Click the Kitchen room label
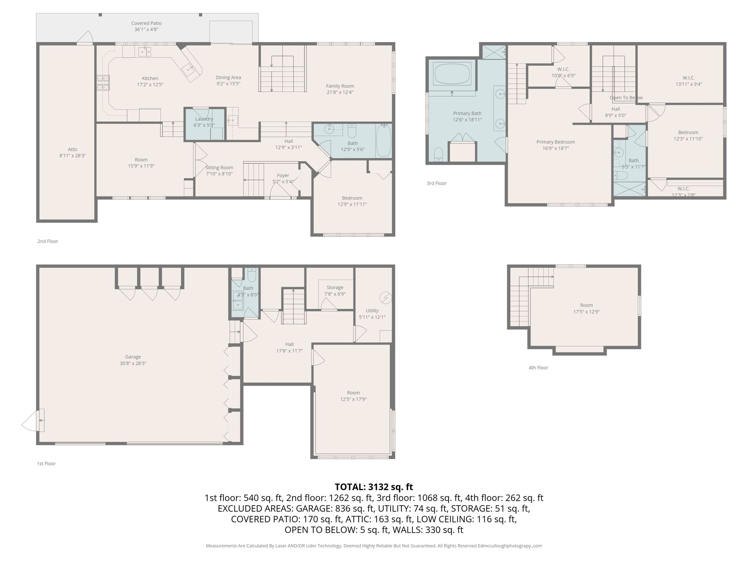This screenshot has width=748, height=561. coord(150,78)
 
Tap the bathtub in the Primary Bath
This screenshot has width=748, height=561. coord(452,74)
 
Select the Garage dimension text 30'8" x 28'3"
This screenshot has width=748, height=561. coord(133,363)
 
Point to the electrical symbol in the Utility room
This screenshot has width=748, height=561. coord(385,298)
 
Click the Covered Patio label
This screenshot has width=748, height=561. coord(146,23)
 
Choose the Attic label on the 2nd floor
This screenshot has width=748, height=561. coord(72,149)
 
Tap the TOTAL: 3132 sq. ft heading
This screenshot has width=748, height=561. coord(374,487)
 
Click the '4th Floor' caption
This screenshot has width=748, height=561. coord(538,367)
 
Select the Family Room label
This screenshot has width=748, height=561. coord(340,86)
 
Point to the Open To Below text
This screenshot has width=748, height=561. coord(626,98)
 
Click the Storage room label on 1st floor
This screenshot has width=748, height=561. coord(335,287)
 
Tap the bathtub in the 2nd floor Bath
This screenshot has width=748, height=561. coord(383,141)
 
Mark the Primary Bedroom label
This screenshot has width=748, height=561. coord(555,142)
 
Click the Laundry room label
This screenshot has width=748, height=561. coord(204,119)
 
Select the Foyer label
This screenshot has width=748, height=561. coord(283,175)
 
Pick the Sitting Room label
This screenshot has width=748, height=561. coord(219,168)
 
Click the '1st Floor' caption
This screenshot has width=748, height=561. coord(46,463)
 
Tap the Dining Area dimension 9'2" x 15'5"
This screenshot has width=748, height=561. coord(228,84)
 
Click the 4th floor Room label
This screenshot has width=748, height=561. coord(586,305)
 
